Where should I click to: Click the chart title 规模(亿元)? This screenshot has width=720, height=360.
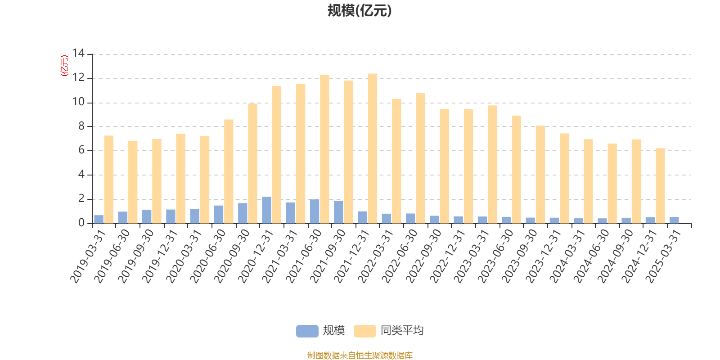tap(359, 11)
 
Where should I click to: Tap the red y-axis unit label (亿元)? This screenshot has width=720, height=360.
tap(64, 66)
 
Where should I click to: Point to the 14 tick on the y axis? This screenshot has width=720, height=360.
tap(79, 54)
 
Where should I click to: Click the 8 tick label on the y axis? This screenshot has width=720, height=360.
tap(81, 126)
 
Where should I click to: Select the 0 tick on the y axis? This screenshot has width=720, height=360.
tap(81, 223)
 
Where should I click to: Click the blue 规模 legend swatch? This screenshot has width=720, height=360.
tap(307, 331)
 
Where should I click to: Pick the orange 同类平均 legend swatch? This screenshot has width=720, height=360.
tap(364, 331)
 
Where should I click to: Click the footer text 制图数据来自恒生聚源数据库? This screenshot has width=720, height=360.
tap(360, 355)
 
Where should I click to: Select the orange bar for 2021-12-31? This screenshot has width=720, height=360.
tap(373, 148)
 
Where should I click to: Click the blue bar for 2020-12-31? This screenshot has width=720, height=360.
tap(266, 210)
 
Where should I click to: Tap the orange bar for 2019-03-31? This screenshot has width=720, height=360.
tap(109, 180)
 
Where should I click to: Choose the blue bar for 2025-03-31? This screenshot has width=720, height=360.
tap(674, 220)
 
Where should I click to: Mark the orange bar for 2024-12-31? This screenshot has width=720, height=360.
tap(660, 186)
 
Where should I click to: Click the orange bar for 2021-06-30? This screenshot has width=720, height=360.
tap(324, 149)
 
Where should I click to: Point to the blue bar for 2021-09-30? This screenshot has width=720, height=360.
tap(338, 212)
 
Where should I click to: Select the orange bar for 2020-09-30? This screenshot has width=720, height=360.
tap(252, 163)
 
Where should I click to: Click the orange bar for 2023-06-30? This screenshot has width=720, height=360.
tap(516, 169)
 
